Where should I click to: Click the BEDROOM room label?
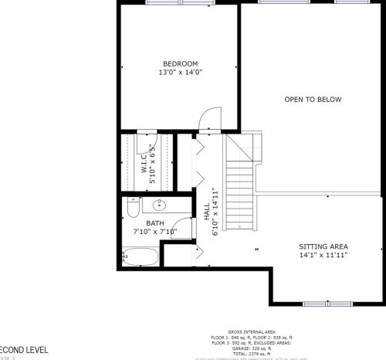180,63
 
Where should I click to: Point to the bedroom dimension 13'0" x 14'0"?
180,73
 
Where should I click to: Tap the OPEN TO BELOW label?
313,100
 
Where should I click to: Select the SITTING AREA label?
323,246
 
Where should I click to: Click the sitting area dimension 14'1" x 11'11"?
323,255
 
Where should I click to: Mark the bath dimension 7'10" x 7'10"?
154,231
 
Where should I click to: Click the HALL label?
207,212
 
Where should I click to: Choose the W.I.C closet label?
144,161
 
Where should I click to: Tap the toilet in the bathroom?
132,208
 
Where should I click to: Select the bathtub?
141,256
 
